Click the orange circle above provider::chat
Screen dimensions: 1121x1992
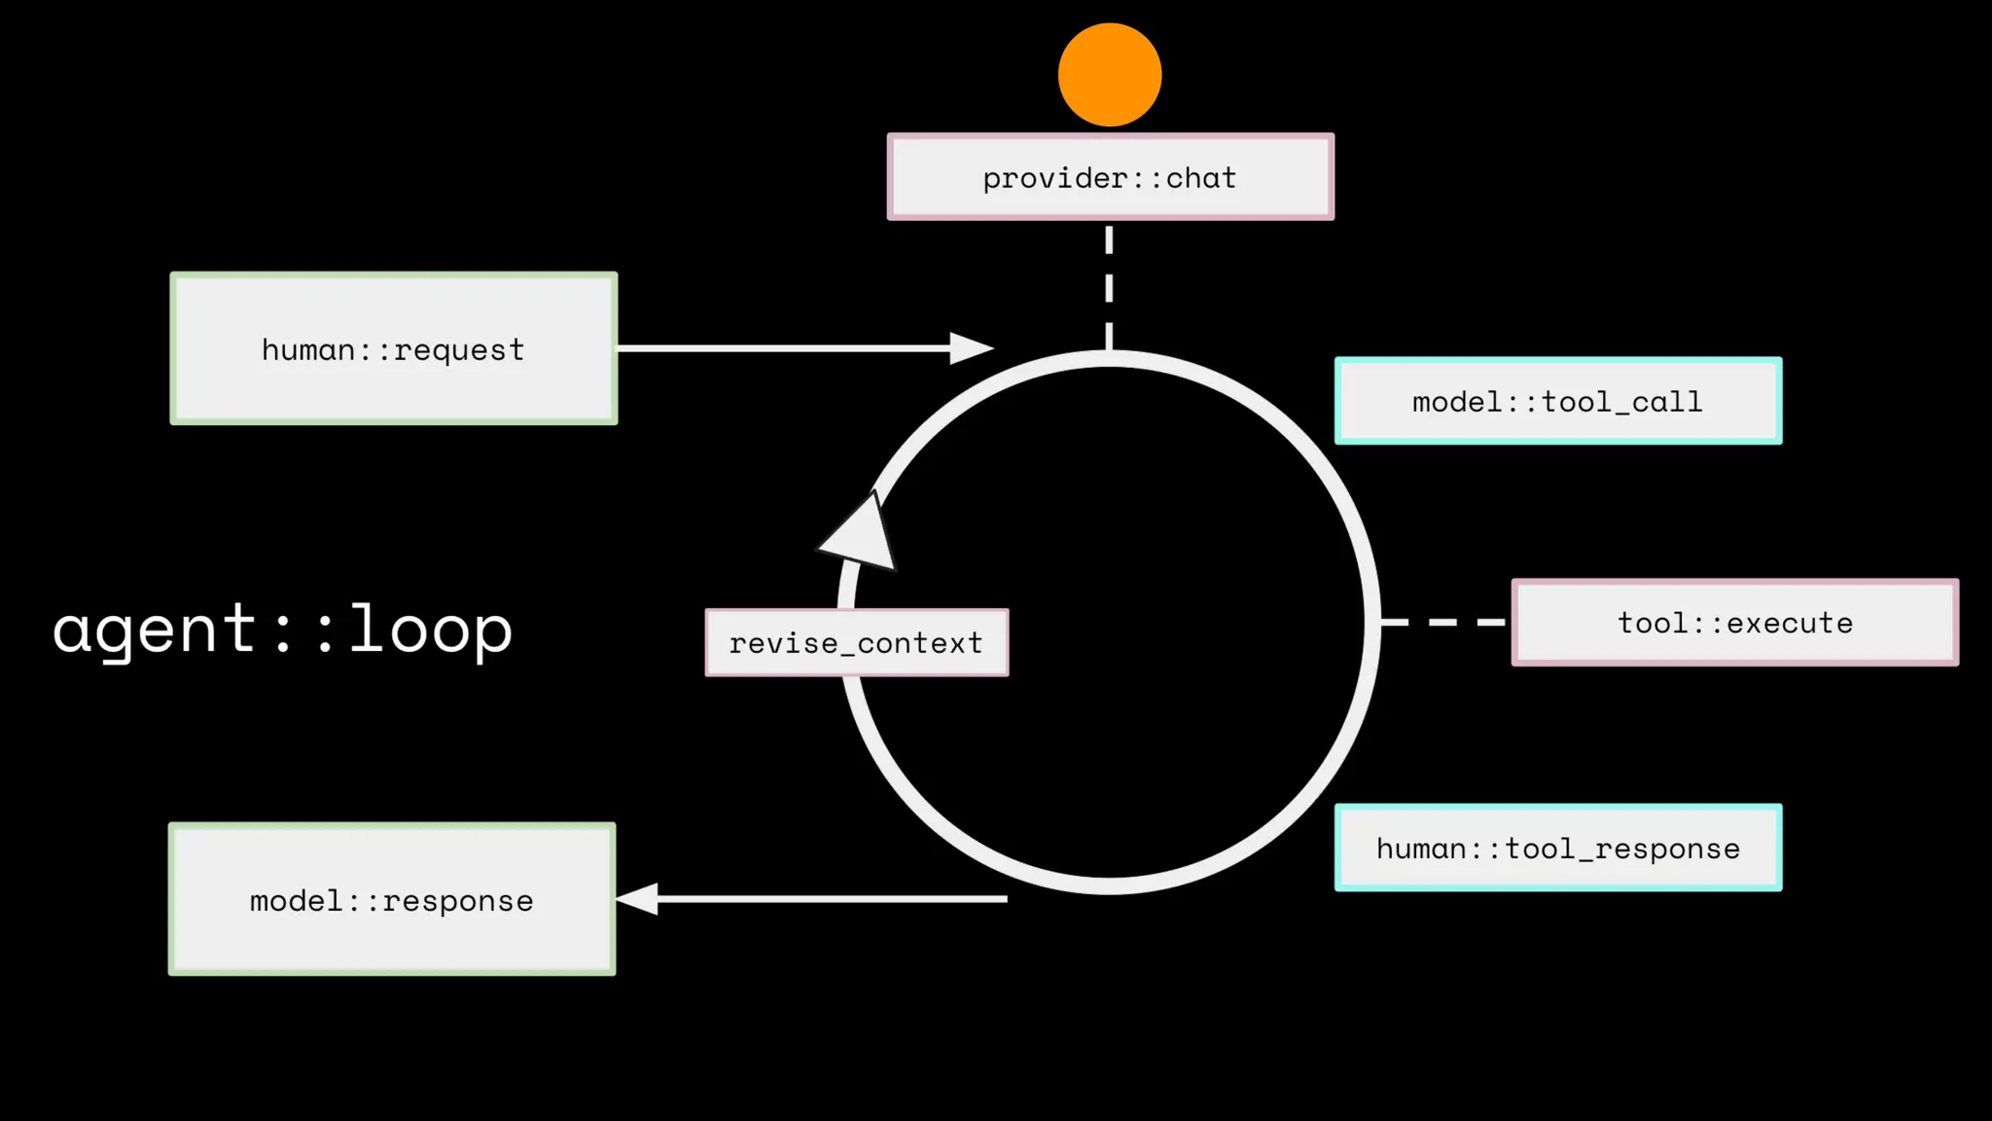1110,75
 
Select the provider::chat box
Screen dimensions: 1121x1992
1110,177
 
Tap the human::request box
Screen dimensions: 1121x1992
393,348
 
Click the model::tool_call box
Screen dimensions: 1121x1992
1558,401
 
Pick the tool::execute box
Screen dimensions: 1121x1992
1734,623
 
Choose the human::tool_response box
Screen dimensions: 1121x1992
1558,848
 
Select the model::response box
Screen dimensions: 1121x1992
392,899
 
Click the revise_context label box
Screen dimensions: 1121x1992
856,642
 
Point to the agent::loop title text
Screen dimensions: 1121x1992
282,629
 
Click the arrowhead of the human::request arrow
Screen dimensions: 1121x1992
970,347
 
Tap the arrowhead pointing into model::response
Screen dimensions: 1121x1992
638,899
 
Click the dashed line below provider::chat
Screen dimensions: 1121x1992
1109,287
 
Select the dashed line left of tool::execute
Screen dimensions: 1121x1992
1444,622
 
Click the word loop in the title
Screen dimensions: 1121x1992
430,629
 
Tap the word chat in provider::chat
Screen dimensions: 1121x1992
1201,178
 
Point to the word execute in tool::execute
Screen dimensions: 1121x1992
1790,623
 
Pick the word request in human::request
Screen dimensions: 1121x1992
459,350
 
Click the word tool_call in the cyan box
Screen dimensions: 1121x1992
1622,402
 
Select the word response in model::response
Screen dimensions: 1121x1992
458,901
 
